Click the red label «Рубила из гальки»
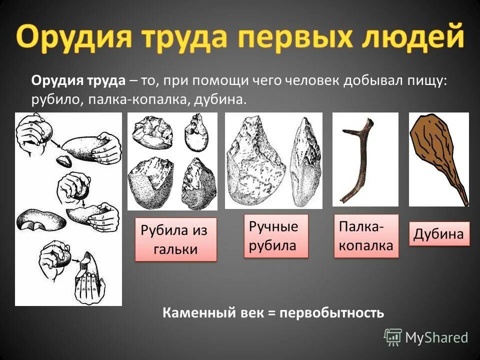[175, 239]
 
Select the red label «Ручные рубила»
[276, 236]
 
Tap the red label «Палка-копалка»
[366, 236]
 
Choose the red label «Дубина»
[439, 234]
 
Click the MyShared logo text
[436, 337]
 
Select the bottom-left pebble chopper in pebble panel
[148, 183]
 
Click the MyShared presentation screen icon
[392, 337]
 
